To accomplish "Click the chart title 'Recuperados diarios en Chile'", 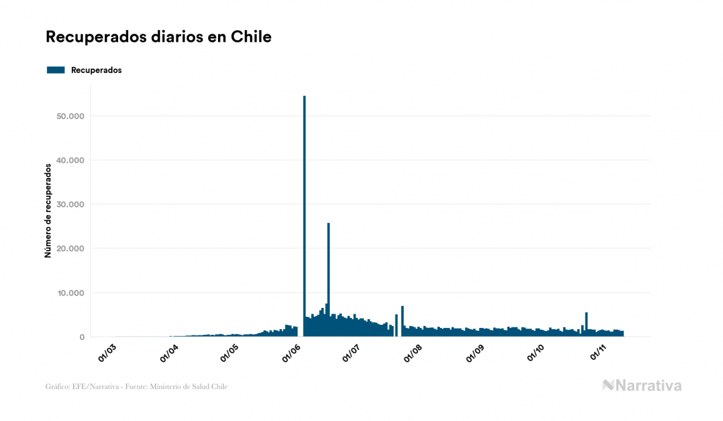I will (159, 37).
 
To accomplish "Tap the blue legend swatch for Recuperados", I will (56, 70).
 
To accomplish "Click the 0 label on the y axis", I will (81, 337).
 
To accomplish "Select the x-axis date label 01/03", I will (107, 352).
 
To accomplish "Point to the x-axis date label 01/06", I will (292, 352).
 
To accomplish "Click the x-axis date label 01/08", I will (414, 352).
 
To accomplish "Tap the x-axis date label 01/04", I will (169, 352).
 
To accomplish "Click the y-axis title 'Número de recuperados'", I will (47, 210).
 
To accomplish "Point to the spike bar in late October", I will (586, 325).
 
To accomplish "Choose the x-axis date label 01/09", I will (476, 352).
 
